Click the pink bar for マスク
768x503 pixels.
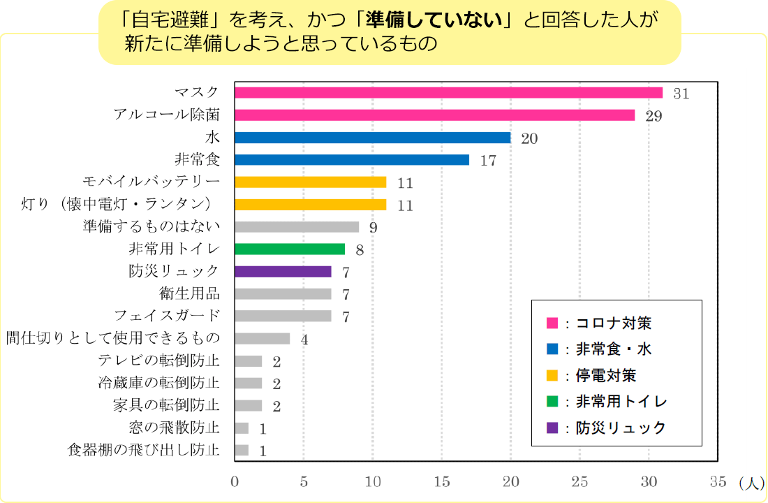(x=448, y=93)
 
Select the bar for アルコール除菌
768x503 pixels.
(x=434, y=115)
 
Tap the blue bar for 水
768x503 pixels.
(x=372, y=138)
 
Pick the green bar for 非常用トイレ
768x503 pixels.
(x=290, y=249)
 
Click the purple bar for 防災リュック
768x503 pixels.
(x=283, y=272)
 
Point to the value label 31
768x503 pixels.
(x=681, y=94)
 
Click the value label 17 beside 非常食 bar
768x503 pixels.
(x=488, y=161)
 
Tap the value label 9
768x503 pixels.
(x=374, y=228)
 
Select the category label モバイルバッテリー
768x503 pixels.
(x=151, y=182)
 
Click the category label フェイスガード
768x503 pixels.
(x=167, y=316)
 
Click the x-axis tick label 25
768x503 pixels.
(x=579, y=482)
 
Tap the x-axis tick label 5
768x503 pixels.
(x=304, y=482)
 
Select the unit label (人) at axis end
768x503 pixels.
(x=751, y=482)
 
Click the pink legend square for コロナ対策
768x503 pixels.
(x=552, y=323)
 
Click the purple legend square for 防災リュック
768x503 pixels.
(x=552, y=428)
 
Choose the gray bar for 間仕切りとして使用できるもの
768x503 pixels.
(x=262, y=339)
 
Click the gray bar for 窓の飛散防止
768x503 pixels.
(x=242, y=428)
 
